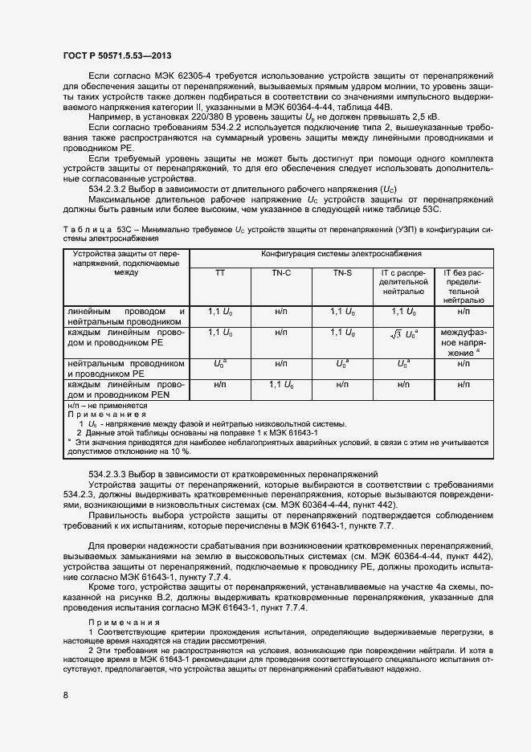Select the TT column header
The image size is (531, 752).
219,273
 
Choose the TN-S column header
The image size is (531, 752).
343,273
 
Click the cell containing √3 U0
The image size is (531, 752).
403,333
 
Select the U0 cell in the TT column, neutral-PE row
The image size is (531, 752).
219,364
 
